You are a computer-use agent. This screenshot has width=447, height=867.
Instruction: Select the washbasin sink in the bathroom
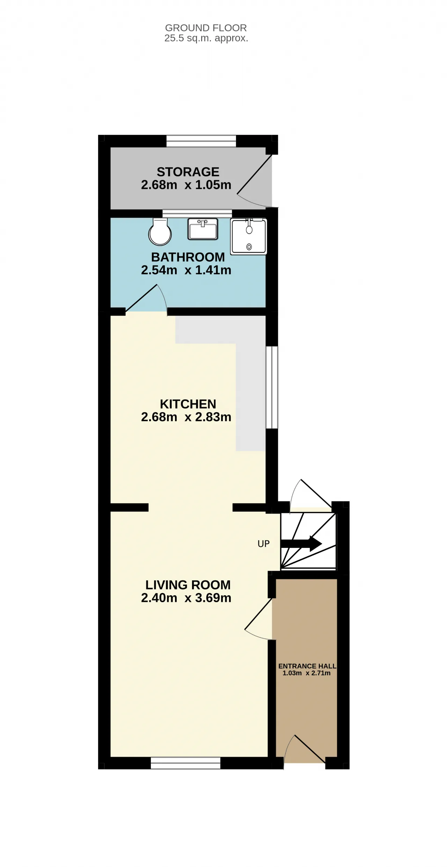[203, 229]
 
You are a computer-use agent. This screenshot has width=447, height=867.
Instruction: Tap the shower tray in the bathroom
[249, 236]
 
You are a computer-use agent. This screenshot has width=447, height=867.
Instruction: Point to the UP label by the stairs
[264, 544]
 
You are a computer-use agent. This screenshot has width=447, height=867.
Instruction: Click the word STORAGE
[188, 172]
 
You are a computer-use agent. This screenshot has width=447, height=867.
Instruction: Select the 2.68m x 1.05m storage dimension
[186, 185]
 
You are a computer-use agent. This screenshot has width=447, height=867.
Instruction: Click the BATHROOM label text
[188, 257]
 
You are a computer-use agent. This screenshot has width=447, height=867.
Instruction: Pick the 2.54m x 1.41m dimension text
[186, 270]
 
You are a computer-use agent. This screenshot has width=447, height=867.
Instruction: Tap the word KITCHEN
[188, 404]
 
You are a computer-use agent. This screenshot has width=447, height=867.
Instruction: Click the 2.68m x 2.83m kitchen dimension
[186, 417]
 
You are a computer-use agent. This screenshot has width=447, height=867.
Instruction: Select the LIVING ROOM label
[188, 585]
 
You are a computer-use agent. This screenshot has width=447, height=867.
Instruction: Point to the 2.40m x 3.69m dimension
[186, 598]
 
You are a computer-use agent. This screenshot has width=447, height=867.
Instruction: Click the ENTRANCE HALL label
[307, 666]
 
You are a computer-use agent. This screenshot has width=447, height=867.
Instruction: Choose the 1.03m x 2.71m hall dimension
[307, 673]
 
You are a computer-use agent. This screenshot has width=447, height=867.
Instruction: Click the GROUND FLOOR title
[206, 28]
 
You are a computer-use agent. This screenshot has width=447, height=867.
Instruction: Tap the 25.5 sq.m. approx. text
[206, 38]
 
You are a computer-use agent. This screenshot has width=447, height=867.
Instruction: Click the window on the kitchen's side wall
[272, 387]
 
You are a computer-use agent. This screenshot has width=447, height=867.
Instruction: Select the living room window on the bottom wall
[185, 763]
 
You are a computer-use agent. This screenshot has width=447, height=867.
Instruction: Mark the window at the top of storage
[201, 141]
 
